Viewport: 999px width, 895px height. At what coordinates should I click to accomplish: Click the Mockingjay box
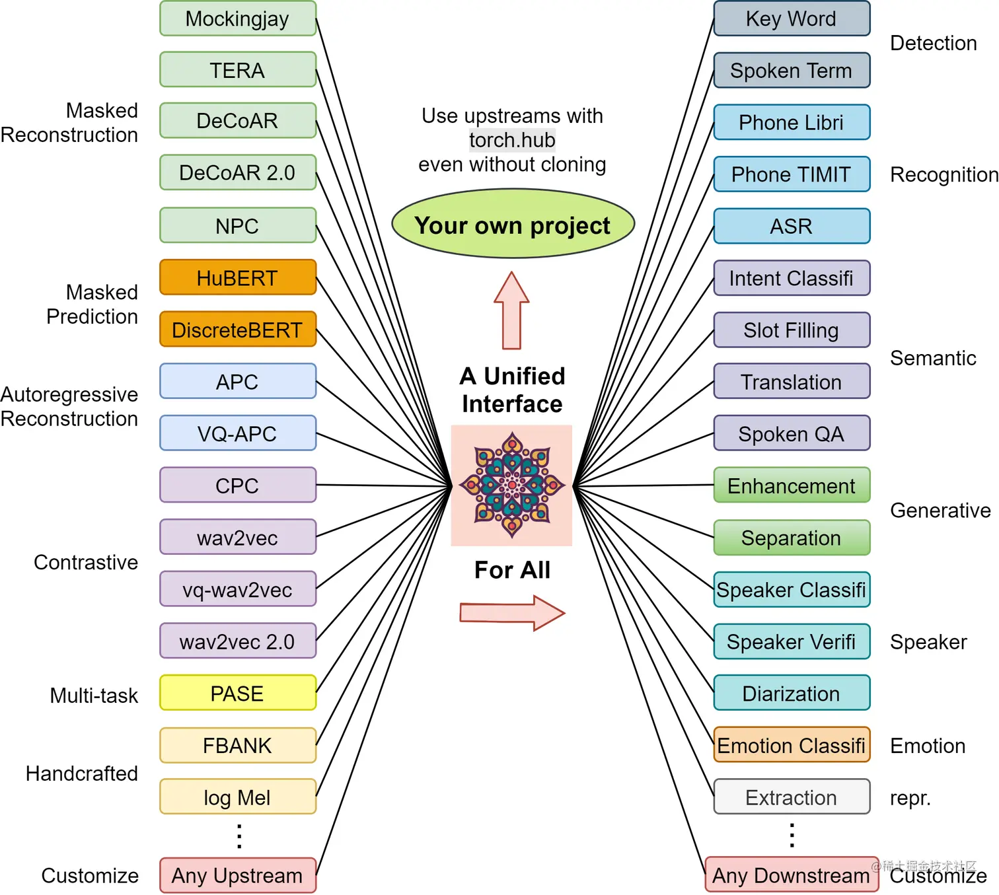238,18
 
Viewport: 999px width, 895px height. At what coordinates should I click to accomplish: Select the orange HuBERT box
238,277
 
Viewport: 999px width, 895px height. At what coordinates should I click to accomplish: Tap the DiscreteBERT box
238,330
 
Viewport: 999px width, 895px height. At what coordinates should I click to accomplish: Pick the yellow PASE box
238,693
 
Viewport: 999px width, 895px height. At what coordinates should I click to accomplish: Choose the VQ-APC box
238,433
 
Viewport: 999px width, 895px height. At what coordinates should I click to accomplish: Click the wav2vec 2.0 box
238,641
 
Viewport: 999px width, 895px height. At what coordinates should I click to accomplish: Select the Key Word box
792,18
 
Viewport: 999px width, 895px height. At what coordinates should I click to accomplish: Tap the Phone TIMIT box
792,174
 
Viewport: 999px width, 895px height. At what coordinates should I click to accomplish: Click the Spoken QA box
792,433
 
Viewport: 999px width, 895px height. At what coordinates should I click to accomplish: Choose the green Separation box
792,538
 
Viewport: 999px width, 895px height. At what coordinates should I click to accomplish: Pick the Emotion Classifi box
792,745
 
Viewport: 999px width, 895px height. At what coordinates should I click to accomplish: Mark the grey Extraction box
792,797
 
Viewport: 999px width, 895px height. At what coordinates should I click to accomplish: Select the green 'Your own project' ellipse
513,224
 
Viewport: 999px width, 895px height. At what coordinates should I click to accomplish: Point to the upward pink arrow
512,310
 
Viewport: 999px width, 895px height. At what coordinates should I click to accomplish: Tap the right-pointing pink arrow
512,614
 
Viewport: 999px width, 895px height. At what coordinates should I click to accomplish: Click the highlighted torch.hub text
512,140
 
